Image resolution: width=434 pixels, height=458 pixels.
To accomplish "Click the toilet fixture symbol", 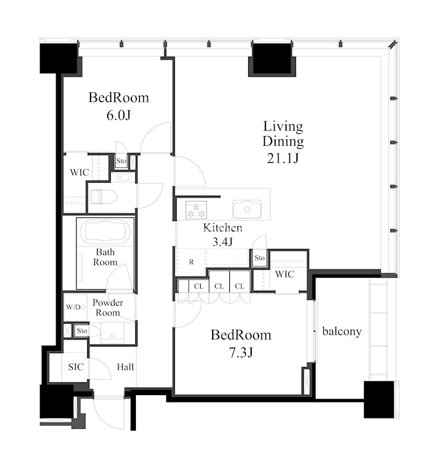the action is (x=103, y=197).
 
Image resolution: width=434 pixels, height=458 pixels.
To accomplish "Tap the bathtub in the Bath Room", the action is (x=105, y=231).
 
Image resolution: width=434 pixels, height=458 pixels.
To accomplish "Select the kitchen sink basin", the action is (x=247, y=209).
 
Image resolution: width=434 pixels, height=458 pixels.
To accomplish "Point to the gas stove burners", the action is (x=196, y=210).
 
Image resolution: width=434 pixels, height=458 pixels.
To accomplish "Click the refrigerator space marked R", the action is (x=191, y=262).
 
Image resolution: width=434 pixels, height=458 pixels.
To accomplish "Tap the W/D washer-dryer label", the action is (x=73, y=307).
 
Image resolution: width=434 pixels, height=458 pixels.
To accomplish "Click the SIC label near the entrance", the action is (x=76, y=367).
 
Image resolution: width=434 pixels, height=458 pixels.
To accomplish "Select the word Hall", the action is (x=126, y=367).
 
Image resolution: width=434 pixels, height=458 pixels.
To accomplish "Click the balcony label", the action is (x=342, y=331).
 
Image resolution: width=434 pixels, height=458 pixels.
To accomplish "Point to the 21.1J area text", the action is (x=283, y=159).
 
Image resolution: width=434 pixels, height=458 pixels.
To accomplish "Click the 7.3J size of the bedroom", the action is (x=241, y=353).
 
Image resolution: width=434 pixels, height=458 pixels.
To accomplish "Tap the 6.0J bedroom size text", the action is (x=119, y=116).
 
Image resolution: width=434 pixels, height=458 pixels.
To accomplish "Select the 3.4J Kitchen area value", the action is (x=222, y=242).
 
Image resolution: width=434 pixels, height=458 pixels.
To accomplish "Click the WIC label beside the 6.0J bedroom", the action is (x=80, y=172).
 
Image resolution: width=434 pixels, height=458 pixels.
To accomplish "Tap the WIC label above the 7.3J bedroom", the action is (x=284, y=274).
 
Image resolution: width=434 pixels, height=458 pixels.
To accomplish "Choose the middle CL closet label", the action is (x=219, y=286).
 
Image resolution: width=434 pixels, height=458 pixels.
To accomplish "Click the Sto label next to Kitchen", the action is (x=259, y=258).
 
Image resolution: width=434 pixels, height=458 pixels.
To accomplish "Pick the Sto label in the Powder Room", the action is (x=82, y=331).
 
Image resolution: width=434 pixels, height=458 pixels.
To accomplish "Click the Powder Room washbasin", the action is (x=112, y=333).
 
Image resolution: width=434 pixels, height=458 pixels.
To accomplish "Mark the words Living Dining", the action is (x=283, y=134).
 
